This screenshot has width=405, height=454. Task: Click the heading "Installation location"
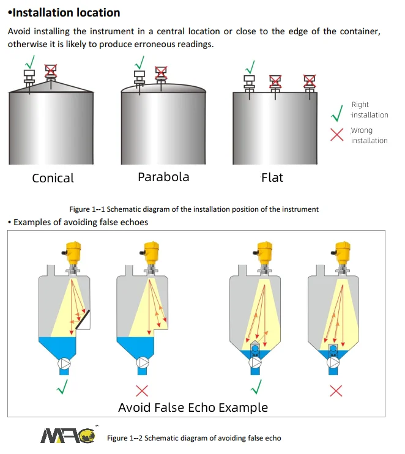point(64,12)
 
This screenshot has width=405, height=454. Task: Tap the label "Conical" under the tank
point(53,178)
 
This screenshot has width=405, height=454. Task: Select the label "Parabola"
point(163,177)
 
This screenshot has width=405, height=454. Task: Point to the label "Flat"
point(272,177)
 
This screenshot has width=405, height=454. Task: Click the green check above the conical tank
point(29,62)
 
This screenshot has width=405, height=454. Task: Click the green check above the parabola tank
point(140,61)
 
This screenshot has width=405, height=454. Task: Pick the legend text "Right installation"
point(370,110)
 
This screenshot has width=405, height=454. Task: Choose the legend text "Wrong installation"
point(369,135)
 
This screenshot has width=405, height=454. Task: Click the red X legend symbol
point(336,135)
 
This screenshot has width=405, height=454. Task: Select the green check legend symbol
point(336,113)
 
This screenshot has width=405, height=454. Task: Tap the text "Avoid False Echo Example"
point(193,407)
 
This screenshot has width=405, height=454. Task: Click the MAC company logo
point(67,435)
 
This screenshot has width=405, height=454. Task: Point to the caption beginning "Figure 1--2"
point(194,438)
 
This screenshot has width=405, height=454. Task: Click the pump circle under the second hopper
point(143,363)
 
